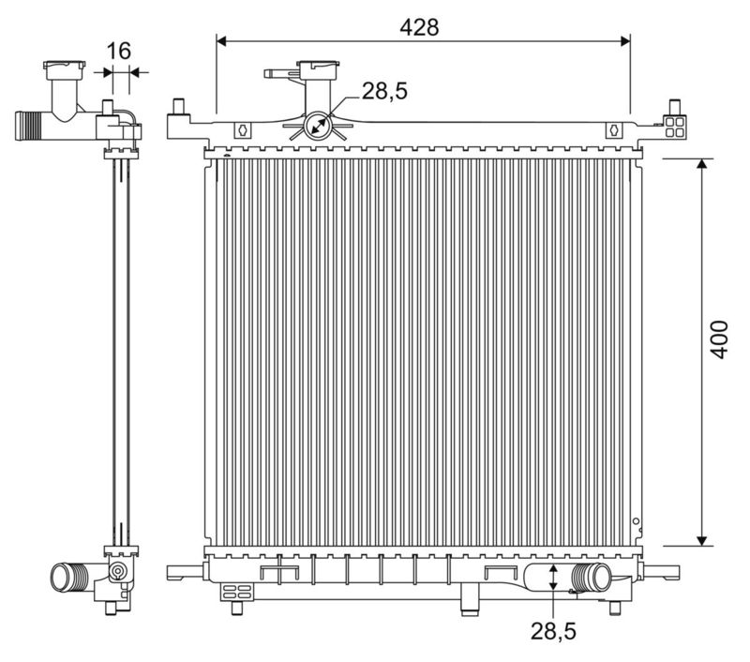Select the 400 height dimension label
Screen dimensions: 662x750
tap(718, 339)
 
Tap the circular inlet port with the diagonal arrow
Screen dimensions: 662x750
tap(320, 127)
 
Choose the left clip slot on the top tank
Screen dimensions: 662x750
tap(241, 131)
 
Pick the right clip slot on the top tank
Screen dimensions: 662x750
tap(614, 131)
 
